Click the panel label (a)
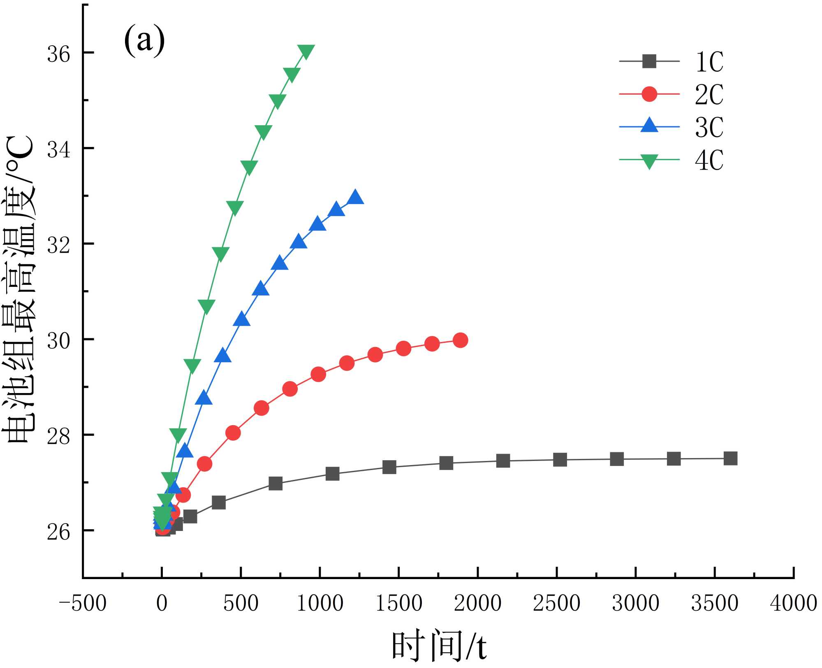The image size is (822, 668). click(x=144, y=41)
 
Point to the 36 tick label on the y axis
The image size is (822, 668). click(x=59, y=54)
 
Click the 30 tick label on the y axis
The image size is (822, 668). click(x=59, y=340)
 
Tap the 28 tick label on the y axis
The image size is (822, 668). click(x=59, y=436)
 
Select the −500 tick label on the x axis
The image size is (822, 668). click(x=83, y=603)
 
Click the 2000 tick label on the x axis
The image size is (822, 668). click(x=477, y=603)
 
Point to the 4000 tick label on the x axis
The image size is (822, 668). click(x=793, y=603)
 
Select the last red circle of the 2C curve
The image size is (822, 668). click(x=460, y=340)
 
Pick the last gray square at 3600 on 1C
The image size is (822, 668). click(x=730, y=458)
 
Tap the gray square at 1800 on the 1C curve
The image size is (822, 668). click(x=446, y=463)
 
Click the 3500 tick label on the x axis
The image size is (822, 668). click(x=714, y=603)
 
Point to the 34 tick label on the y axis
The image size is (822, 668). click(x=59, y=149)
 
